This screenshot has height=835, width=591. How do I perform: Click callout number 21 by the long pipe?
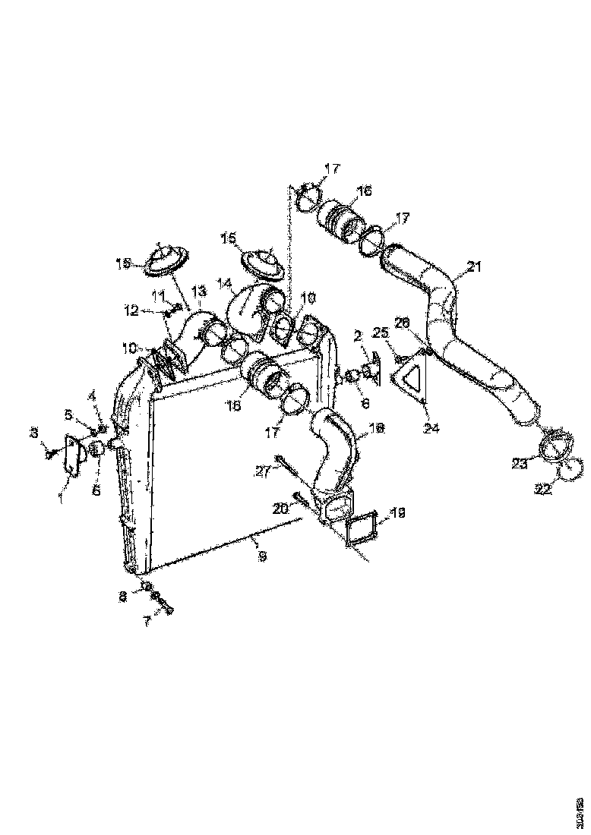[x=475, y=266]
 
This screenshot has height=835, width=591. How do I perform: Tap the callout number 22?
[x=542, y=490]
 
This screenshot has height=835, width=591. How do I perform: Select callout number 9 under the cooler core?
[x=262, y=556]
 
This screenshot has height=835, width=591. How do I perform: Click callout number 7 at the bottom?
[x=147, y=620]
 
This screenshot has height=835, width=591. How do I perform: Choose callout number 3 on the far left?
[x=33, y=432]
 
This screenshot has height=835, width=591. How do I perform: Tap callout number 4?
[x=93, y=395]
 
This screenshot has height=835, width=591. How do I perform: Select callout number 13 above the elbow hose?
[x=198, y=291]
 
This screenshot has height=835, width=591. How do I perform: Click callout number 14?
[x=225, y=285]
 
